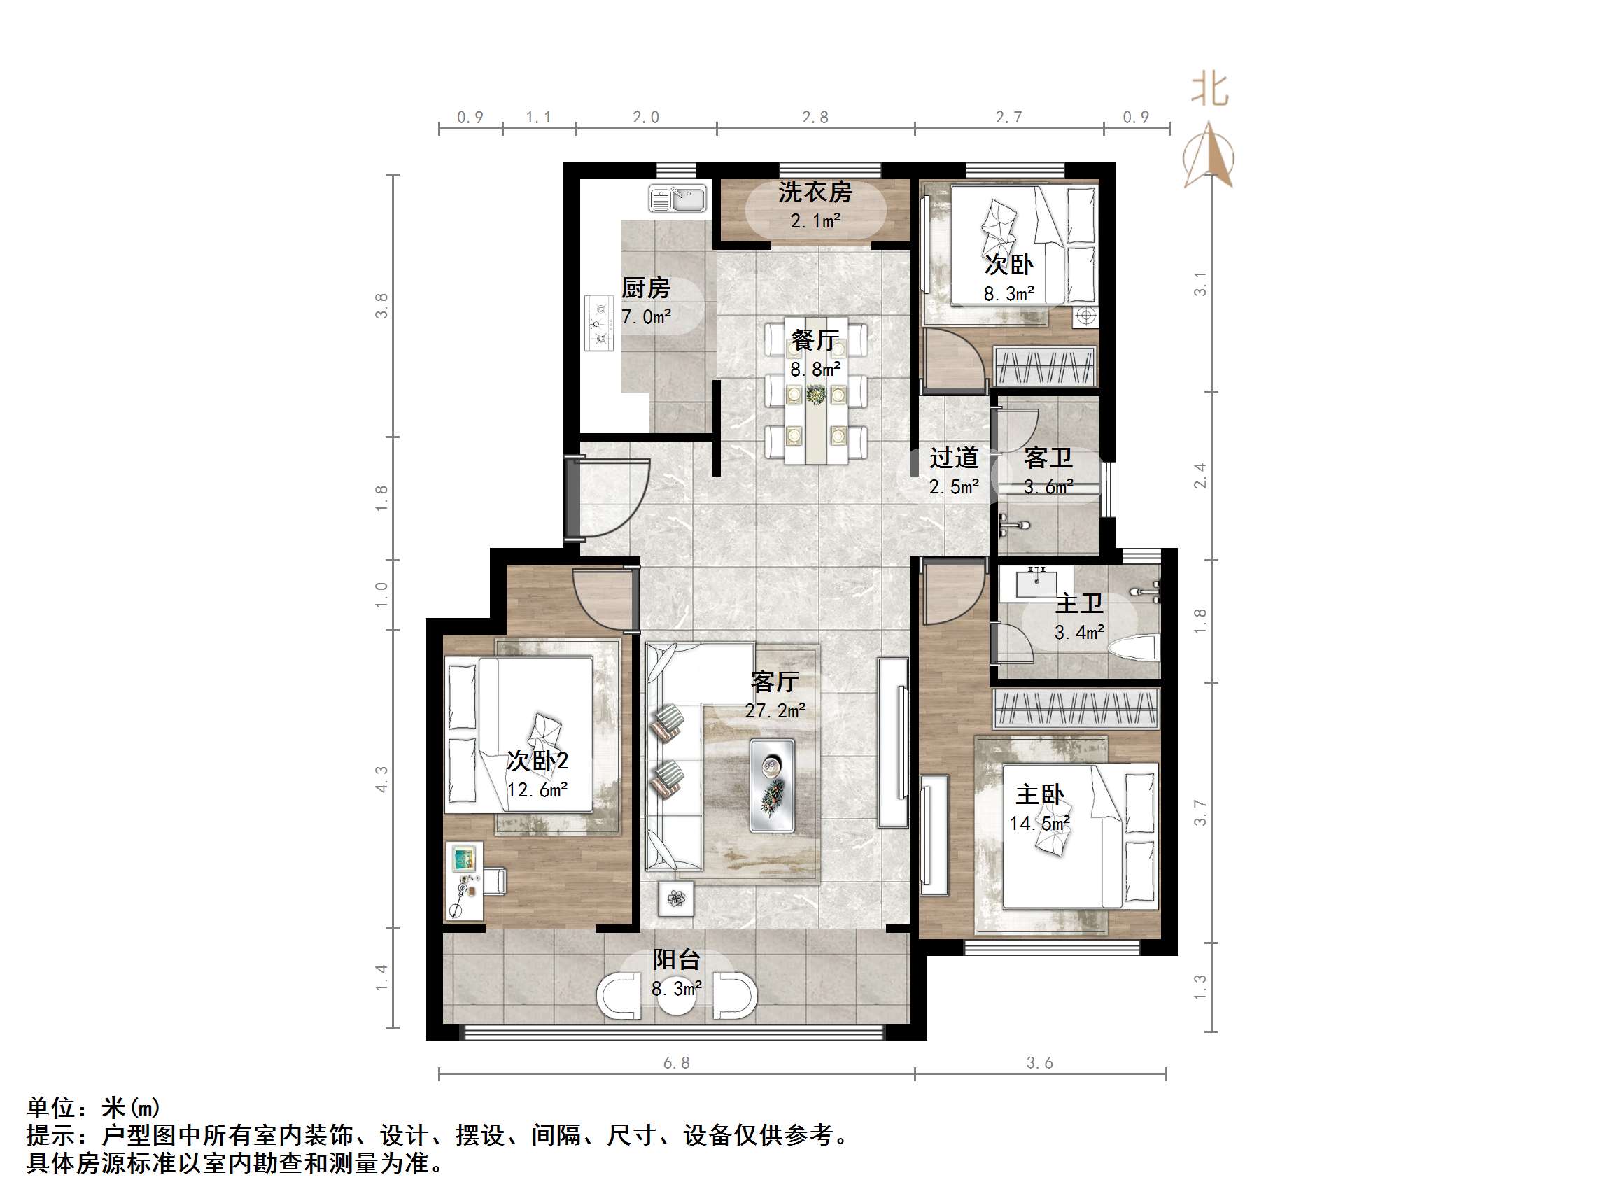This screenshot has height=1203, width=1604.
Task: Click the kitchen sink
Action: pos(677,199)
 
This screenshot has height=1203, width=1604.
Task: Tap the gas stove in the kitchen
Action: pos(599,323)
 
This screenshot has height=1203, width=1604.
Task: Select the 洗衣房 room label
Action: pos(815,192)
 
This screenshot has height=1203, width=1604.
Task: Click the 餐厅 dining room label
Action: pos(815,340)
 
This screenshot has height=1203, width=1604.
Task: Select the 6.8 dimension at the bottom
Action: pos(676,1063)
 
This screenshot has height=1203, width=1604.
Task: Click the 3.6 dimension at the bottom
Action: pos(1039,1063)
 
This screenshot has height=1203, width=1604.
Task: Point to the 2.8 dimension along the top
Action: pos(815,118)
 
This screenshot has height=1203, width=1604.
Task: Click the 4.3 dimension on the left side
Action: pos(381,779)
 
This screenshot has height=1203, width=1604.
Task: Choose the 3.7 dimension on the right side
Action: pos(1200,812)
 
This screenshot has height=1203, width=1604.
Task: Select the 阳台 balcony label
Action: pos(676,959)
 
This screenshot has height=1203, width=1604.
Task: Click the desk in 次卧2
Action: pos(464,881)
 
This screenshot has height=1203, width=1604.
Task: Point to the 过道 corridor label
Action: pos(955,458)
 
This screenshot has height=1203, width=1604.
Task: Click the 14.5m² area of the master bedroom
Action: pos(1040,824)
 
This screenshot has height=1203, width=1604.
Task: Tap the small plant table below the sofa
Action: pos(676,899)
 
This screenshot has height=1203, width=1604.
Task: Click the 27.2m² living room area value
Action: pos(775,710)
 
